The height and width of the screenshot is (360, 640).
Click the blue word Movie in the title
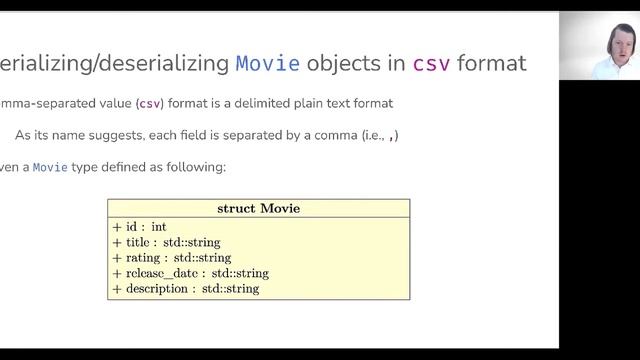click(x=268, y=65)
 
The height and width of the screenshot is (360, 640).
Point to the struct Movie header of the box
click(x=258, y=209)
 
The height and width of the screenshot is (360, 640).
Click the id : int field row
click(x=139, y=227)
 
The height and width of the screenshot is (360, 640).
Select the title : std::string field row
click(x=166, y=242)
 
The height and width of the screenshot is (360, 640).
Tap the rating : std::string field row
click(x=171, y=258)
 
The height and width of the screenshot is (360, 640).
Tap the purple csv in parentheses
click(x=149, y=103)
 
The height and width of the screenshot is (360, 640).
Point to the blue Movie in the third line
click(x=50, y=167)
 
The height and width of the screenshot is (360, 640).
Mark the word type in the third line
click(x=88, y=167)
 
